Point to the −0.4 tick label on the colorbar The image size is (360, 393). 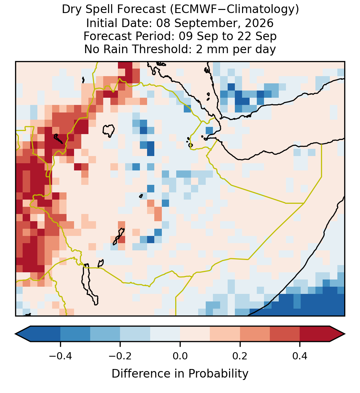(x=60, y=356)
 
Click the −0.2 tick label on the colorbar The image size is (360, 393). (x=120, y=356)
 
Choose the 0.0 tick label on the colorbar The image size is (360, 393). (x=180, y=356)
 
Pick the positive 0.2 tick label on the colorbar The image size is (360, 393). (x=240, y=356)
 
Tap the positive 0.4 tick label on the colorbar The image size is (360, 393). (x=300, y=356)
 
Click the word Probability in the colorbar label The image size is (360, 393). (x=218, y=374)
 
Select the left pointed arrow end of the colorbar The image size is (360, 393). (x=23, y=334)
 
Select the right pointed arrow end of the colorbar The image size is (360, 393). (x=338, y=334)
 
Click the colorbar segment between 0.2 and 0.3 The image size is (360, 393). (x=255, y=334)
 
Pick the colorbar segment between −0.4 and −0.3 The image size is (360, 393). (x=75, y=334)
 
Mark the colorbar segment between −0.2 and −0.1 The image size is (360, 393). (x=135, y=334)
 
